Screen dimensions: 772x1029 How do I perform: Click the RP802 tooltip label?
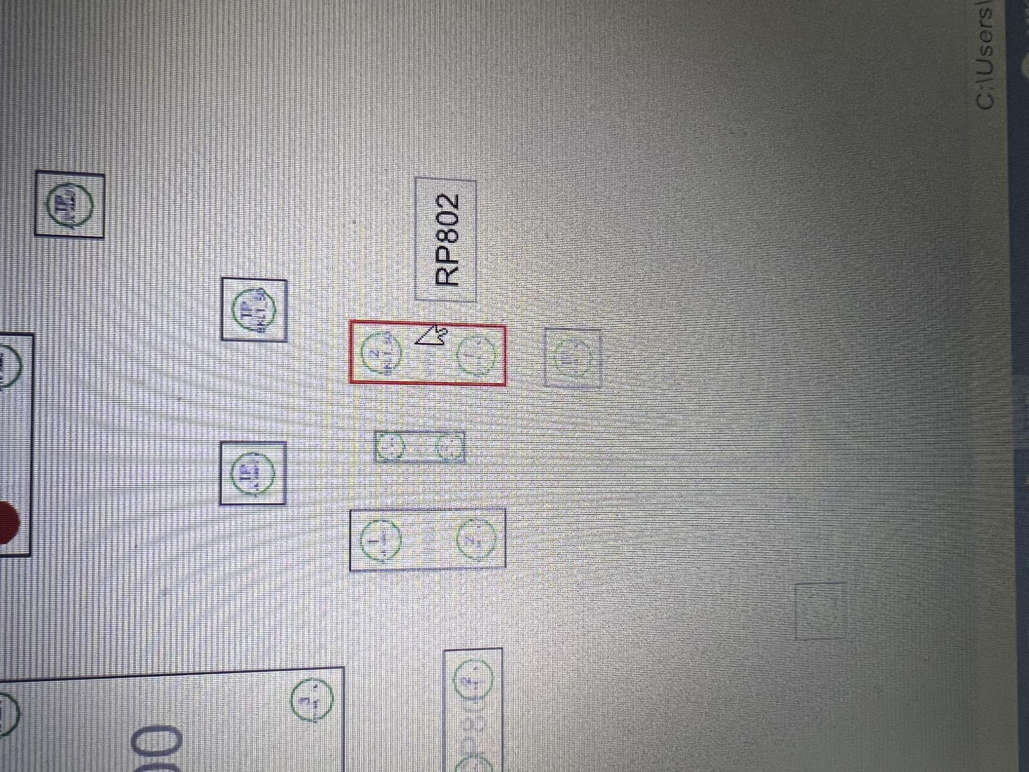[x=446, y=240]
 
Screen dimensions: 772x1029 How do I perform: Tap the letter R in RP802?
[x=447, y=277]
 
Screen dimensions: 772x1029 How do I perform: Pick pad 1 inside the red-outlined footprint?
[x=476, y=355]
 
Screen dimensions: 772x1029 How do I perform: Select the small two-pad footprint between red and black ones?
[x=420, y=447]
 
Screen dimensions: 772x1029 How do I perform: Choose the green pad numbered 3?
[x=312, y=700]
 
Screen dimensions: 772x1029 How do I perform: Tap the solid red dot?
[x=7, y=522]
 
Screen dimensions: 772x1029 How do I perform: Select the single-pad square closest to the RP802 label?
[x=254, y=310]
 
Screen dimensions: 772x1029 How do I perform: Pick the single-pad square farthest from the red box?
[x=70, y=205]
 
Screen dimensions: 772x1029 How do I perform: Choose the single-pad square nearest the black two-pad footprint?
[x=253, y=473]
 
